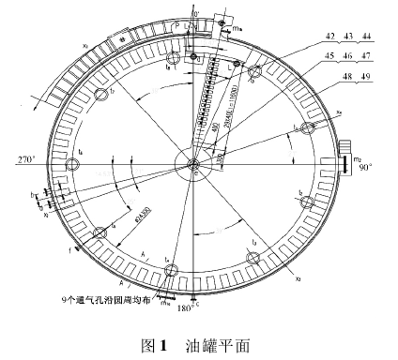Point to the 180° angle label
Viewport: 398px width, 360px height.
tap(187, 307)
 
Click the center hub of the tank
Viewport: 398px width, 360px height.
tap(192, 166)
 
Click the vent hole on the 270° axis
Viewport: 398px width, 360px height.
tap(71, 164)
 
